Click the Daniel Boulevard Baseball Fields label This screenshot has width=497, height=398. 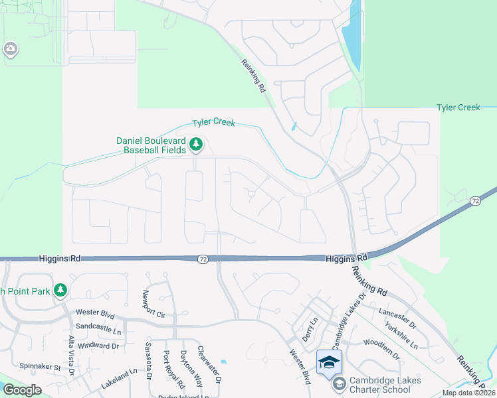tap(151, 145)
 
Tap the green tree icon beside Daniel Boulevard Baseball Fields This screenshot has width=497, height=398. tap(196, 143)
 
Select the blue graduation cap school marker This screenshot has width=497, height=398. tap(328, 362)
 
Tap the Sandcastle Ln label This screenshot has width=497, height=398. tap(100, 327)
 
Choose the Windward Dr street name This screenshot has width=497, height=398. tap(97, 346)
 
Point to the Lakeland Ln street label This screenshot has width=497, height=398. tap(122, 379)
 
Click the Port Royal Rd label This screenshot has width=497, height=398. tap(173, 369)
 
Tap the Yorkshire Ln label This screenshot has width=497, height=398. tap(401, 336)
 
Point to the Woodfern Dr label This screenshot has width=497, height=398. tap(381, 349)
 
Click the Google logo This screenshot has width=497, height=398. tap(22, 390)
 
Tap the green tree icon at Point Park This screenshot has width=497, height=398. tap(60, 290)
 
